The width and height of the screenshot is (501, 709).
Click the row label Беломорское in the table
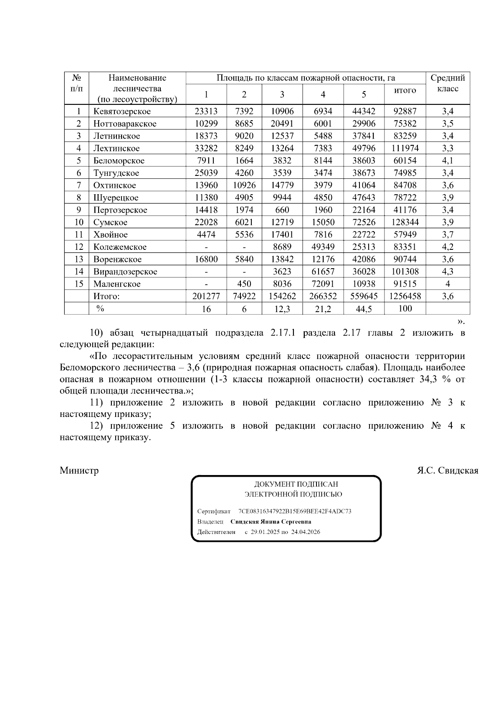click(119, 161)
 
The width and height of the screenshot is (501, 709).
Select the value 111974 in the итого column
click(405, 148)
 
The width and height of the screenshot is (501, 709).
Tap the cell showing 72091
click(323, 284)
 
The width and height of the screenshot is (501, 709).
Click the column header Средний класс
click(448, 83)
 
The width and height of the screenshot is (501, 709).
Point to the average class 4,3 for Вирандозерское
click(448, 272)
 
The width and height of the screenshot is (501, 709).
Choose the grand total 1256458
click(405, 296)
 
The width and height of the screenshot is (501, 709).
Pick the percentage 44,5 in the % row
click(364, 309)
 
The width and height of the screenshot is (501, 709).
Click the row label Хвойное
click(110, 235)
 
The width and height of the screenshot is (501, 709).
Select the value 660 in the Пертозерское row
click(282, 210)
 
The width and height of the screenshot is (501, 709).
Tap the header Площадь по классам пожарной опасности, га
click(306, 78)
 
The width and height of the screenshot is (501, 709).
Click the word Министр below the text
click(79, 471)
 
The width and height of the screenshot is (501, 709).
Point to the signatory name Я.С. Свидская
click(448, 471)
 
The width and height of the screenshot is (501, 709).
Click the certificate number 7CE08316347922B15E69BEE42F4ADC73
click(295, 511)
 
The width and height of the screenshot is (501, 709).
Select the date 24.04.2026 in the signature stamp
click(306, 532)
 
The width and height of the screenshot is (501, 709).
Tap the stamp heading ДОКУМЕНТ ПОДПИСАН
click(296, 485)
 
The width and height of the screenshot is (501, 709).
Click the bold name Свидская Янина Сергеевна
click(271, 522)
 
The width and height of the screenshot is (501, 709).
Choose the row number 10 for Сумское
click(78, 222)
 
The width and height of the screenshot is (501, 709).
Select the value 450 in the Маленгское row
click(244, 284)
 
